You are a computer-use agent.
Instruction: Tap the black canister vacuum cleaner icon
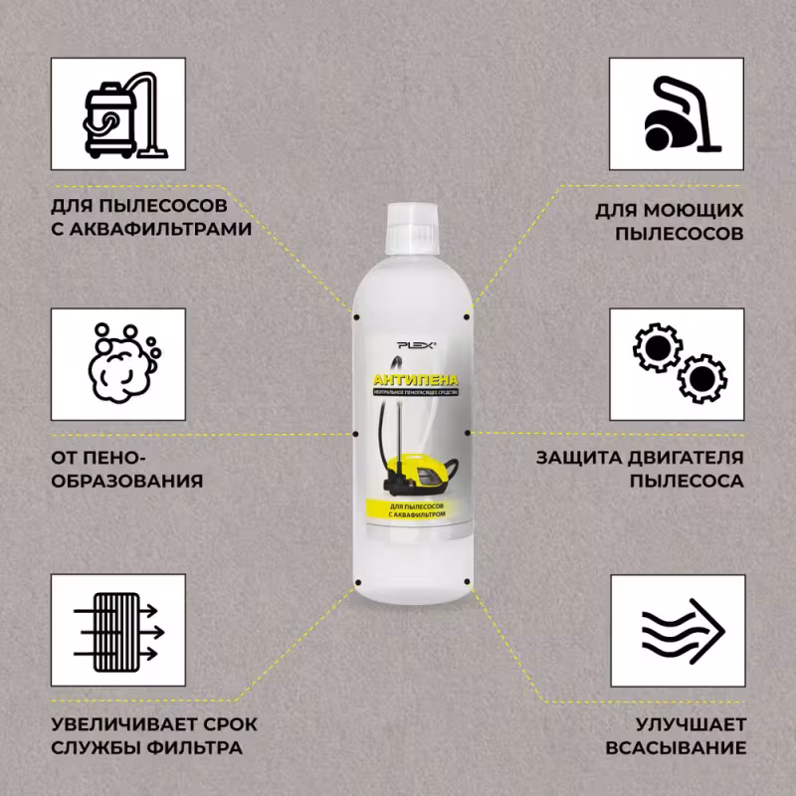click(677, 114)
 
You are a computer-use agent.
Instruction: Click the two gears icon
click(677, 363)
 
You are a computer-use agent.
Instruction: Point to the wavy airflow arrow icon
click(677, 632)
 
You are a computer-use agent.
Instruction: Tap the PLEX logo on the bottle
click(411, 344)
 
